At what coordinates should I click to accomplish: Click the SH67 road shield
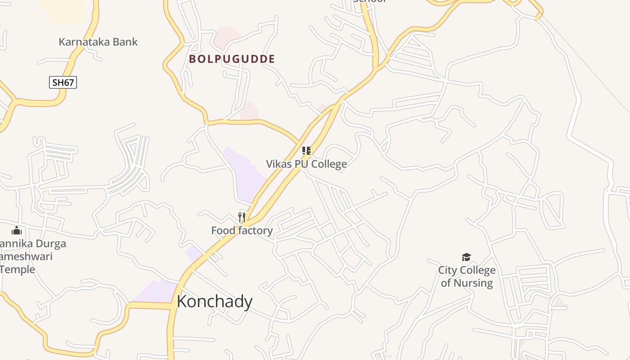[x=63, y=82]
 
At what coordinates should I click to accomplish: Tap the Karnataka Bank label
[x=98, y=42]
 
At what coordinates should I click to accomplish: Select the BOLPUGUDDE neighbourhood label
[x=232, y=59]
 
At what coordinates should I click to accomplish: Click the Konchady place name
[x=214, y=301]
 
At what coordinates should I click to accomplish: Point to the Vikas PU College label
[x=306, y=164]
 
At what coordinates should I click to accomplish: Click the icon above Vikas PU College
[x=306, y=150]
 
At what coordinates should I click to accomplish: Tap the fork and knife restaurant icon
[x=242, y=217]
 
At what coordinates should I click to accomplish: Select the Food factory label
[x=242, y=230]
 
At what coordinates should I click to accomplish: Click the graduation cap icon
[x=467, y=257]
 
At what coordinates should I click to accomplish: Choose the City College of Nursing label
[x=467, y=276]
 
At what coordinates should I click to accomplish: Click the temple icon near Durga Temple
[x=17, y=230]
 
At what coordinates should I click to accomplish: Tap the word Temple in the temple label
[x=18, y=270]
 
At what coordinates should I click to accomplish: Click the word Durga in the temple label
[x=50, y=244]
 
